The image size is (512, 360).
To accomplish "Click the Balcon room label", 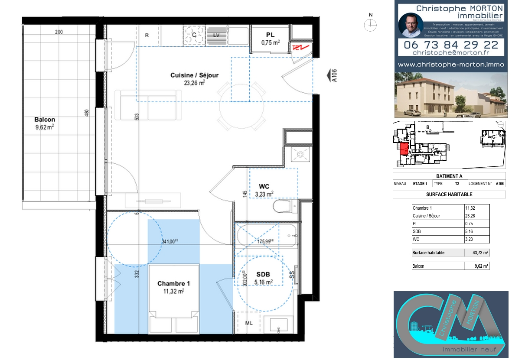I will (45, 120).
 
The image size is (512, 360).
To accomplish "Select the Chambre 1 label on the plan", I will (173, 284).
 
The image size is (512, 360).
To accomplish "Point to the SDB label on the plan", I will (263, 274).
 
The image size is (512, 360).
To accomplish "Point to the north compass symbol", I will (370, 26).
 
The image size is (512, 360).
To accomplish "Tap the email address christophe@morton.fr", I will (451, 52).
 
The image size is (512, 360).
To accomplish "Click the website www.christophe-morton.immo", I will (451, 64).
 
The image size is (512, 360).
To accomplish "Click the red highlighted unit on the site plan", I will (404, 150).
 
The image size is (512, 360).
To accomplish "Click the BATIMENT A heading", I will (449, 176).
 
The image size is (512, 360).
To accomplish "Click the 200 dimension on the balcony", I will (59, 32).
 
